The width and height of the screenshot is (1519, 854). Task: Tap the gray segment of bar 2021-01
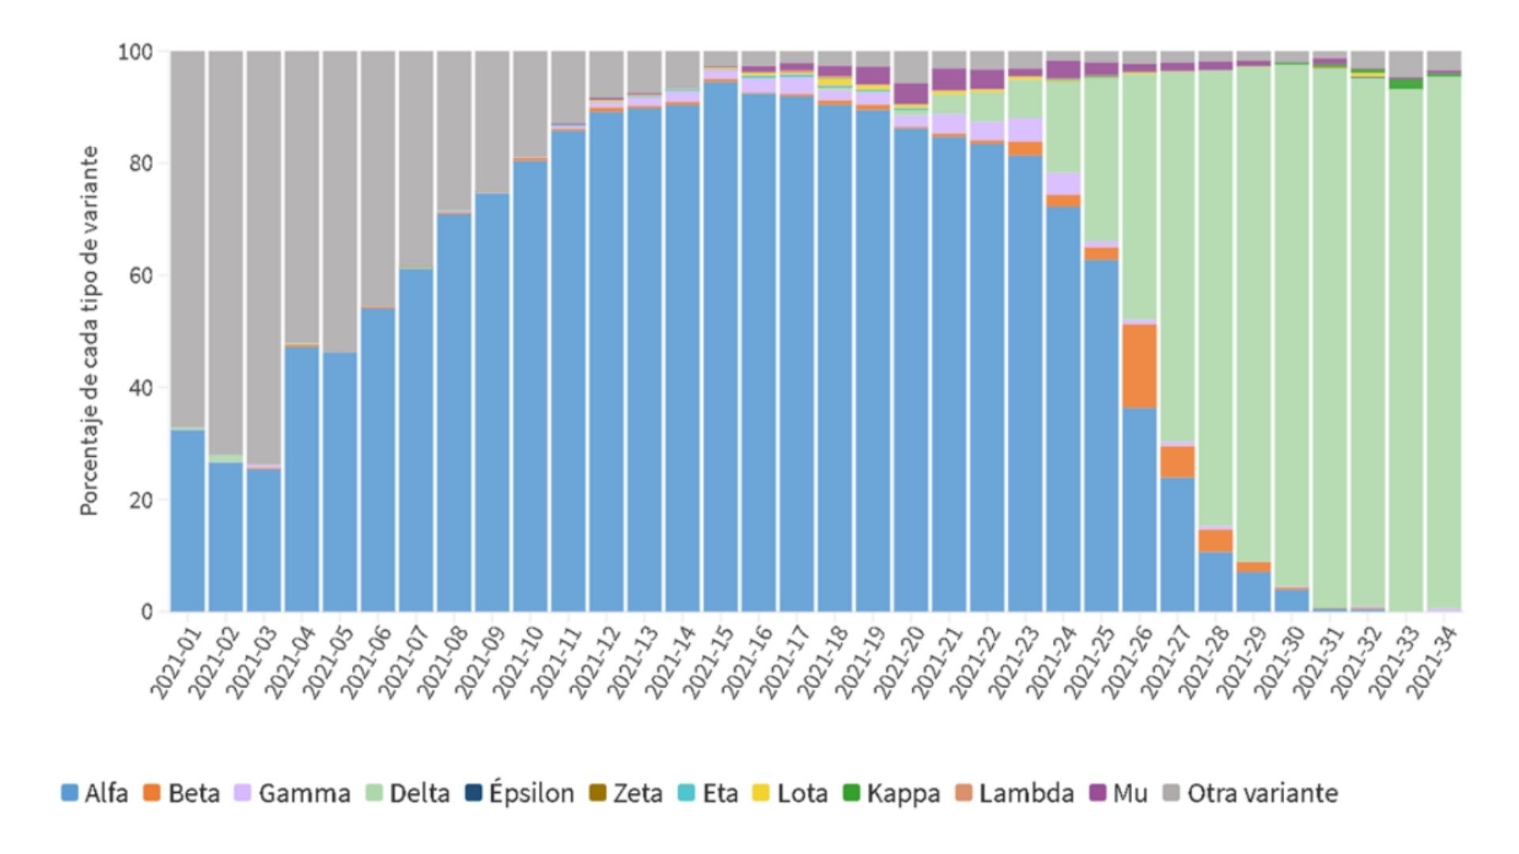click(x=188, y=237)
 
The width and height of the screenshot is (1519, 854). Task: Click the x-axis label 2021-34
click(x=1433, y=663)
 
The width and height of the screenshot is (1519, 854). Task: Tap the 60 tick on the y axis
click(x=141, y=276)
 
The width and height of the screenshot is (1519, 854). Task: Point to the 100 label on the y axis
click(x=134, y=52)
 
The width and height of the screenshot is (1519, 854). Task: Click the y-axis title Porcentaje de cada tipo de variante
click(x=89, y=331)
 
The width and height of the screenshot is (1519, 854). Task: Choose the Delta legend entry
click(x=408, y=793)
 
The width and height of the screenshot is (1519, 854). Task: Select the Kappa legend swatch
click(x=851, y=792)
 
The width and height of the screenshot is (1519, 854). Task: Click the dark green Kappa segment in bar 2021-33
click(x=1405, y=83)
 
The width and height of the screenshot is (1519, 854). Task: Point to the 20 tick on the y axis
click(x=141, y=501)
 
